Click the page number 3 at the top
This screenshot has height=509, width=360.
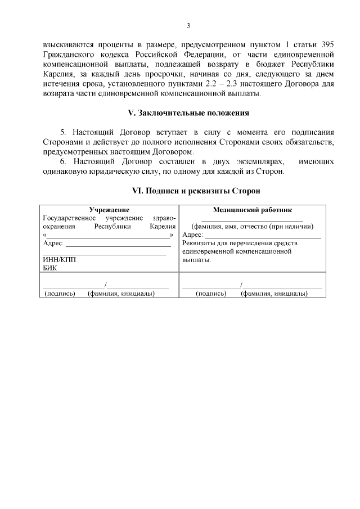[x=188, y=25]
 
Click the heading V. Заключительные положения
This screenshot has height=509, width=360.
[x=188, y=113]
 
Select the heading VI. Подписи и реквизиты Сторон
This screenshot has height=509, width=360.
[x=188, y=191]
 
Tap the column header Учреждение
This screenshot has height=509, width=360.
[x=109, y=210]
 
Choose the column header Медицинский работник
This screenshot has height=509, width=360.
[x=252, y=210]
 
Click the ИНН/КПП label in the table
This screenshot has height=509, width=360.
[x=59, y=260]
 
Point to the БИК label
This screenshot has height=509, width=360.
[x=50, y=268]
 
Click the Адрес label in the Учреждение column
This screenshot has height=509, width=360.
[x=54, y=244]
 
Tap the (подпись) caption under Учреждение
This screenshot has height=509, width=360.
[x=60, y=294]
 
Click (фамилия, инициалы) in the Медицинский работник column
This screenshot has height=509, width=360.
[x=273, y=294]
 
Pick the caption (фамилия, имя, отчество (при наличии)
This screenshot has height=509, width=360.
[x=252, y=227]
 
